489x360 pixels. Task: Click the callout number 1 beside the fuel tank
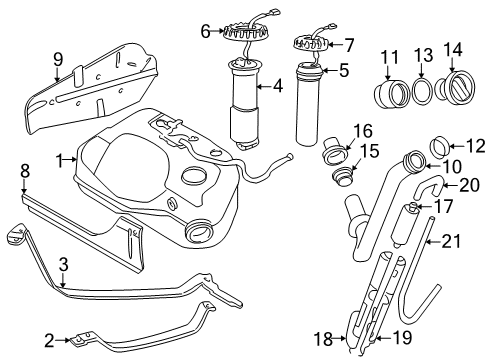(60, 158)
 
